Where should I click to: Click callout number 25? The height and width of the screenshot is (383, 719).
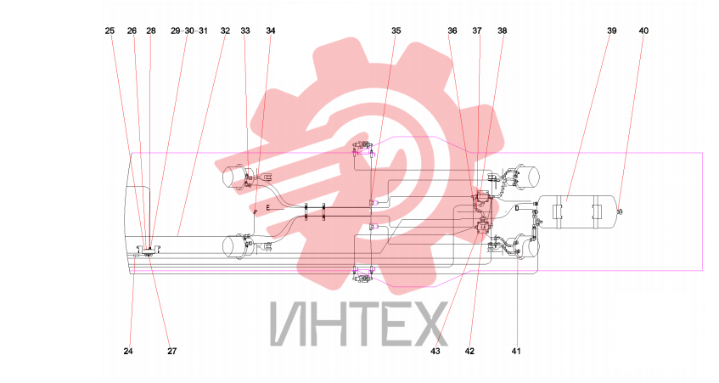(x=110, y=31)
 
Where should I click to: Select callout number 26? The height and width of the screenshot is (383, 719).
(x=132, y=31)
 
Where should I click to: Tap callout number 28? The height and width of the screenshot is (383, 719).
(x=151, y=31)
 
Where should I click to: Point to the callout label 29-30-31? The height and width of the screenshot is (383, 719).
(x=189, y=31)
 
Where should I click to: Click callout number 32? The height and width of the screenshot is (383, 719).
(x=225, y=31)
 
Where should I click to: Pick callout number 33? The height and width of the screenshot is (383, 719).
(x=245, y=31)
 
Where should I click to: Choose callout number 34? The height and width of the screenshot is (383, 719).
(x=271, y=31)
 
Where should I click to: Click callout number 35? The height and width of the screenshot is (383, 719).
(x=396, y=31)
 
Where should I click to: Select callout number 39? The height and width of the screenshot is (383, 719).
(x=612, y=31)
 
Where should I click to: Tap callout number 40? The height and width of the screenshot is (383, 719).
(x=643, y=31)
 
